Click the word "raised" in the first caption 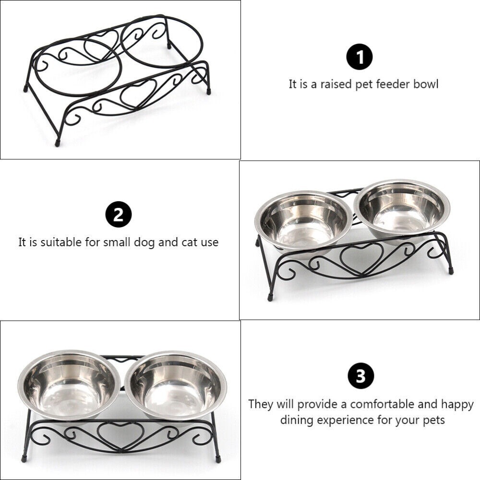coord(331,84)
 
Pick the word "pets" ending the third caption coord(433,420)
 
